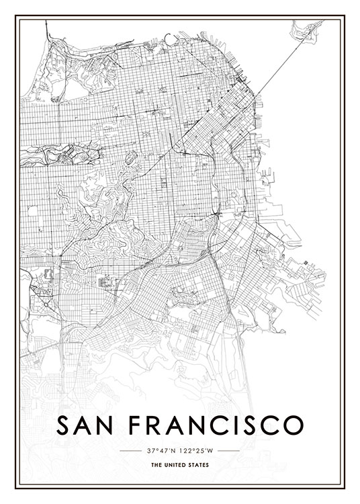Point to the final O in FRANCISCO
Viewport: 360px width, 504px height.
(294, 426)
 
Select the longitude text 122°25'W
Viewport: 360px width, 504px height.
(198, 450)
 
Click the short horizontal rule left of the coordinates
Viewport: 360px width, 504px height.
(129, 450)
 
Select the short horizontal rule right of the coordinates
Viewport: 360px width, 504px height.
(229, 450)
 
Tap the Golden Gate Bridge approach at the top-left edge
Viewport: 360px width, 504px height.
(46, 30)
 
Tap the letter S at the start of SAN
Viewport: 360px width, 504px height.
(63, 426)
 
